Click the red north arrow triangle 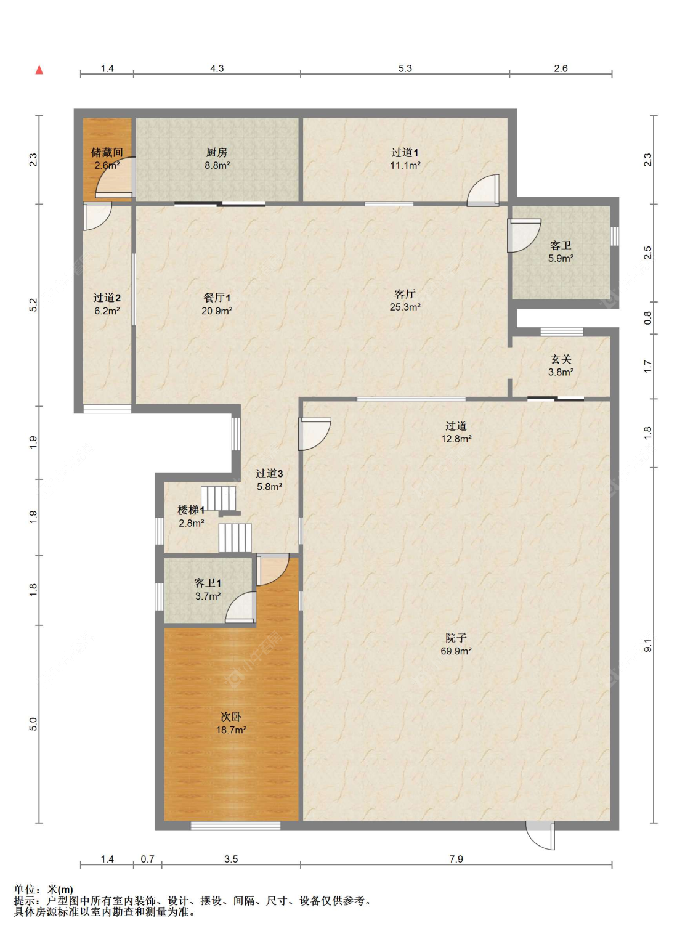pyautogui.click(x=39, y=70)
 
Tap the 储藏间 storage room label pyautogui.click(x=107, y=152)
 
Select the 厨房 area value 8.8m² pyautogui.click(x=217, y=166)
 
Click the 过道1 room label pyautogui.click(x=405, y=152)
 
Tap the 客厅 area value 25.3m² pyautogui.click(x=405, y=307)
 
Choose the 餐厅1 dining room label pyautogui.click(x=217, y=298)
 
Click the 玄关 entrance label pyautogui.click(x=561, y=359)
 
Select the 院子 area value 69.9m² pyautogui.click(x=456, y=651)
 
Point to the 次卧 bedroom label pyautogui.click(x=231, y=717)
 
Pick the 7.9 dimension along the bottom pyautogui.click(x=456, y=859)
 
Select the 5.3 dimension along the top pyautogui.click(x=405, y=68)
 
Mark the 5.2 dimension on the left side pyautogui.click(x=33, y=305)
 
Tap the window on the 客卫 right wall pyautogui.click(x=614, y=236)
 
